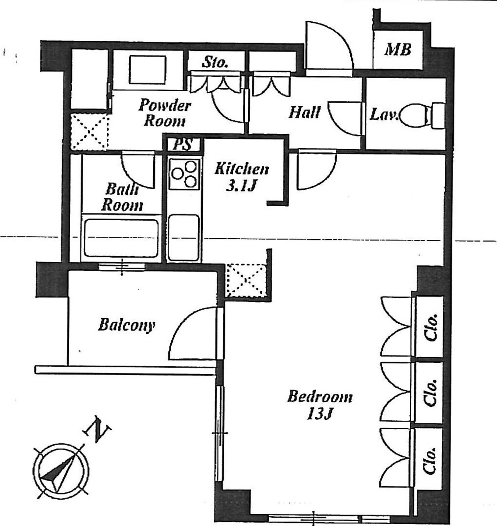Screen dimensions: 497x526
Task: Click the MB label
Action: pyautogui.click(x=398, y=50)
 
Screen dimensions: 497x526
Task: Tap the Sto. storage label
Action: pyautogui.click(x=215, y=62)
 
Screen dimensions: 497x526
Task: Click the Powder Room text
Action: pyautogui.click(x=165, y=113)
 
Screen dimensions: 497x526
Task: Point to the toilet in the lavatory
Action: pyautogui.click(x=422, y=115)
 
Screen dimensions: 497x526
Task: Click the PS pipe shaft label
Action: pyautogui.click(x=183, y=144)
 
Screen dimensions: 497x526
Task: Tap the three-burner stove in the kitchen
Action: pyautogui.click(x=184, y=174)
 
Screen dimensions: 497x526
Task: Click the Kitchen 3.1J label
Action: pyautogui.click(x=241, y=177)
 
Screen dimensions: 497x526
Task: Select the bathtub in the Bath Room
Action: pyautogui.click(x=121, y=238)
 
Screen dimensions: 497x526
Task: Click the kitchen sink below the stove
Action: pyautogui.click(x=184, y=238)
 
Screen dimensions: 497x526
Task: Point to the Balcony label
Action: pyautogui.click(x=127, y=325)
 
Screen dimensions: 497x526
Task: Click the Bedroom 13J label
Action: pyautogui.click(x=320, y=405)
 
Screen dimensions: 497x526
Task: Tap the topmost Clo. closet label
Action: pyautogui.click(x=430, y=327)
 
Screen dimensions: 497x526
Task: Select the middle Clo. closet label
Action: pyautogui.click(x=430, y=393)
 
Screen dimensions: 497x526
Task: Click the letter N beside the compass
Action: pyautogui.click(x=97, y=429)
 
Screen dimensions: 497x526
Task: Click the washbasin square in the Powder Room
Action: pyautogui.click(x=148, y=70)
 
